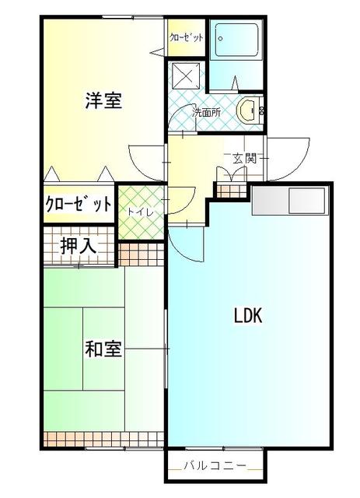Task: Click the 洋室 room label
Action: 103,101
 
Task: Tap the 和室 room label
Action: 103,349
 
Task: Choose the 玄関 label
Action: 244,158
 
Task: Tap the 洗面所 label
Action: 206,113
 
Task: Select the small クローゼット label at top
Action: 187,37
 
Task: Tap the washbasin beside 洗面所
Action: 248,110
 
